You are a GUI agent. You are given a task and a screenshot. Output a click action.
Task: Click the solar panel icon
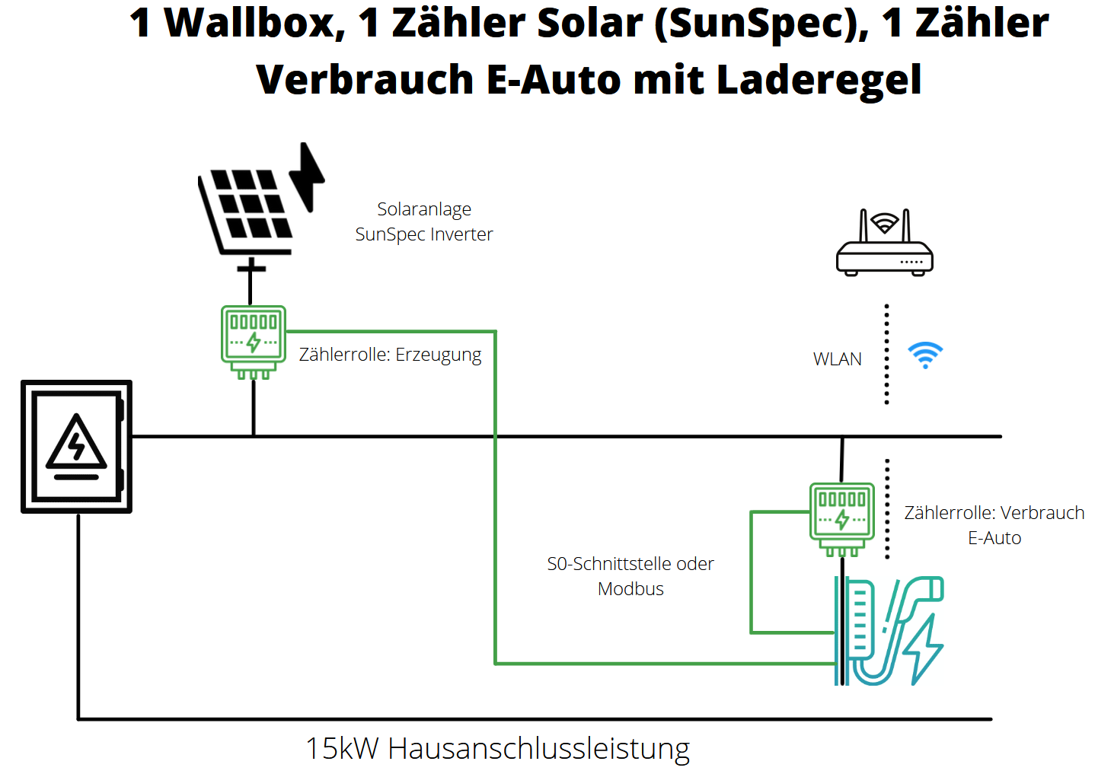click(x=246, y=209)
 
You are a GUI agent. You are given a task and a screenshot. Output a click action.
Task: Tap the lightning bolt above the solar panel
click(x=308, y=175)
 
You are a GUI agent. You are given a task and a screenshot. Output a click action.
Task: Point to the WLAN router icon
click(x=884, y=244)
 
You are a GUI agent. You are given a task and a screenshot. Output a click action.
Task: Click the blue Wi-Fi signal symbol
click(x=925, y=355)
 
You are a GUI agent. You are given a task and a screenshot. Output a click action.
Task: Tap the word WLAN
click(x=837, y=359)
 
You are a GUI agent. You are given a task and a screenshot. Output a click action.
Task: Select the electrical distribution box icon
click(x=76, y=447)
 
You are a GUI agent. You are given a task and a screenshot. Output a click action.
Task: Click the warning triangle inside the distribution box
click(x=76, y=443)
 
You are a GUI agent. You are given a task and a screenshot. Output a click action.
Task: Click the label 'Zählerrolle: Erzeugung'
click(x=390, y=355)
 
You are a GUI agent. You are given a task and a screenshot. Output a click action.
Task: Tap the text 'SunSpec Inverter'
click(x=423, y=234)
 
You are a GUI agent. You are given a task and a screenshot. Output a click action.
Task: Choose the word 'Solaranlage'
click(x=424, y=209)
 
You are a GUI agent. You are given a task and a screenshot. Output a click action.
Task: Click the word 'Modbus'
click(x=630, y=589)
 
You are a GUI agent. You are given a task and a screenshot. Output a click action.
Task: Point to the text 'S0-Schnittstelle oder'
click(x=630, y=564)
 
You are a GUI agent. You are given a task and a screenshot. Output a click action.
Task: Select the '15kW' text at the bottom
click(x=342, y=749)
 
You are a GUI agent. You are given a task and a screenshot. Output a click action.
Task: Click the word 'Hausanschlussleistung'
click(x=538, y=749)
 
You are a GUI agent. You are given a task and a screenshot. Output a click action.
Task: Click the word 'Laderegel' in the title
click(x=819, y=80)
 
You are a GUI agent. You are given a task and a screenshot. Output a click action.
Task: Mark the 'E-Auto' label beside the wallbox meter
click(x=994, y=538)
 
